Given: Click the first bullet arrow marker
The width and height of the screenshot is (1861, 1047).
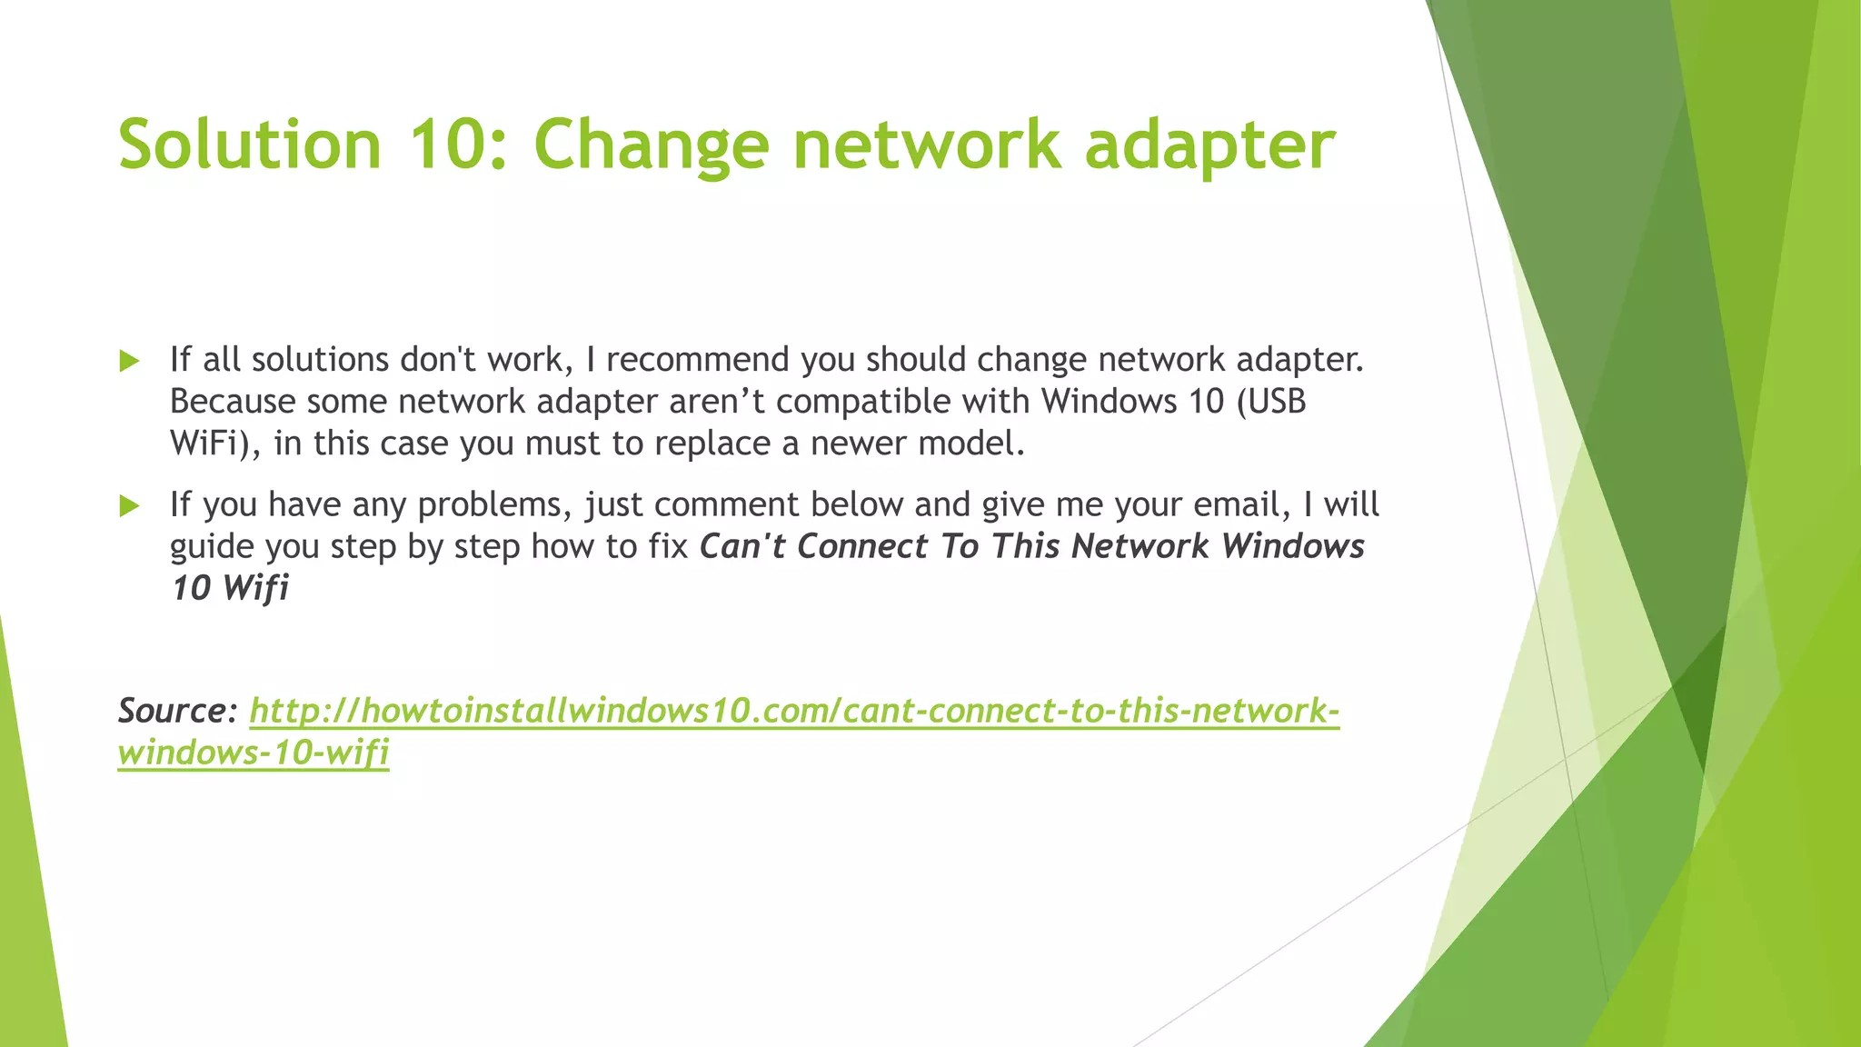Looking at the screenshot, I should point(129,361).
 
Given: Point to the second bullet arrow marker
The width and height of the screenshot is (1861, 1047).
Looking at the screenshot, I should point(129,505).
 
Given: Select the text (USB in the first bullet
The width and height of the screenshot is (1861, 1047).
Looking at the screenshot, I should point(1271,402).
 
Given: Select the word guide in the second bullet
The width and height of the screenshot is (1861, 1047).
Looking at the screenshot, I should point(212,548).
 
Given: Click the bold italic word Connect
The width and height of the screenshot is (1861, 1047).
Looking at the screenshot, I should point(868,546).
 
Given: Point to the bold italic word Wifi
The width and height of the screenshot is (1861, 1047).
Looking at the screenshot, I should point(255,588).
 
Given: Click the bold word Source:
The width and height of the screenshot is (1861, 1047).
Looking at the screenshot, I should point(178,710).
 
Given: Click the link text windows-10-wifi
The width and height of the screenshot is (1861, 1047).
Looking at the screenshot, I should point(254,753).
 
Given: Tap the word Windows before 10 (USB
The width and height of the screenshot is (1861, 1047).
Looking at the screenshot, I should point(1110,402).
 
